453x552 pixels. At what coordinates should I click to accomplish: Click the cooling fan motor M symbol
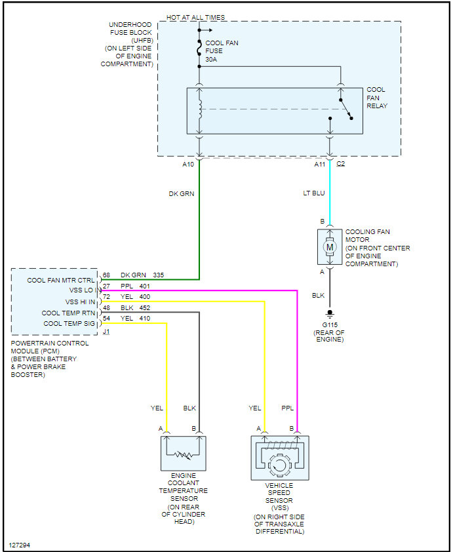point(330,247)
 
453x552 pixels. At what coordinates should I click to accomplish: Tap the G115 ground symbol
point(330,314)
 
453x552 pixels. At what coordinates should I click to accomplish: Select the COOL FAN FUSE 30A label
point(222,51)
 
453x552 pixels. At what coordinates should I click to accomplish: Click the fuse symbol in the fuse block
point(199,48)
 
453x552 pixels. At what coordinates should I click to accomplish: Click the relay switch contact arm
point(345,109)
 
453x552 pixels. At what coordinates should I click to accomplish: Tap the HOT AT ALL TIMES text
point(195,17)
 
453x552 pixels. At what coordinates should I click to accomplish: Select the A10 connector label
point(188,164)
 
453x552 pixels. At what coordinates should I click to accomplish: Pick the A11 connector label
point(320,164)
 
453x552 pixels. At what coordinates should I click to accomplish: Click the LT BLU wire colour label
point(314,193)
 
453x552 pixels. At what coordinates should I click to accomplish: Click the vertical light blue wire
point(330,192)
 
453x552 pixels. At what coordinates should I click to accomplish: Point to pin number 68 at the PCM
point(106,275)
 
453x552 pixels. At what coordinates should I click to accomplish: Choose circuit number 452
point(145,307)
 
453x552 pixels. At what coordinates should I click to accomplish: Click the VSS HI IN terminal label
point(80,302)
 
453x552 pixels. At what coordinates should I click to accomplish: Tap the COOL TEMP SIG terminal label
point(69,323)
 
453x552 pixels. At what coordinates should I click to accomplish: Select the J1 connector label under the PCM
point(106,332)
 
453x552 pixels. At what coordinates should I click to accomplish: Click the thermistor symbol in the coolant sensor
point(184,455)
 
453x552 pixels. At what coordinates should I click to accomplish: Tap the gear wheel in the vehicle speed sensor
point(279,465)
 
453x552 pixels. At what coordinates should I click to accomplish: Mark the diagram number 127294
point(20,545)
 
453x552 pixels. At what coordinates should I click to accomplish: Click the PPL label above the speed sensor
point(287,408)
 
